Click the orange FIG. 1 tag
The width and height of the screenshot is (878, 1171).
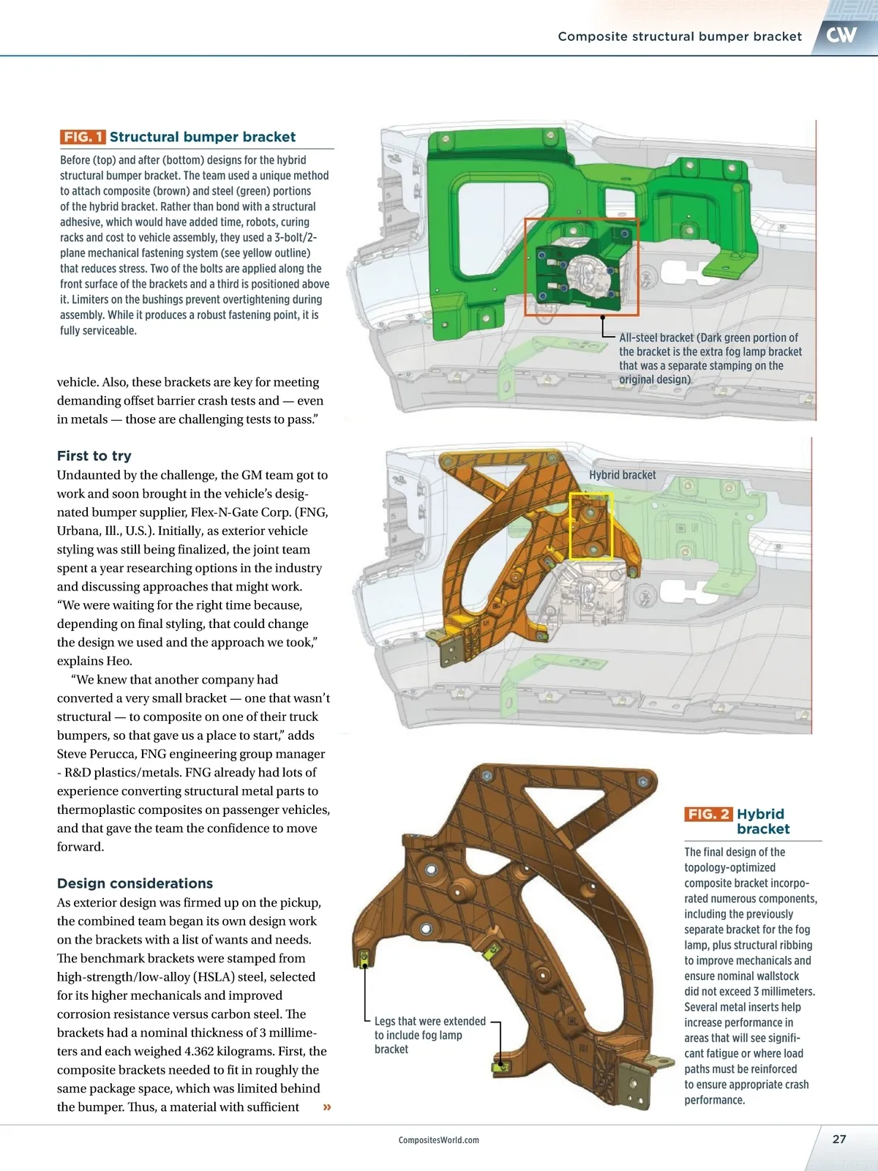pos(83,137)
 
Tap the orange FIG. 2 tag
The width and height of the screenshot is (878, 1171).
pos(708,814)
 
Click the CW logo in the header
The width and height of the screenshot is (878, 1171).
pos(841,35)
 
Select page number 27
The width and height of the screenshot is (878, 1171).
pos(839,1139)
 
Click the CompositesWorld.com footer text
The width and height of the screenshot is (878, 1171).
pos(438,1140)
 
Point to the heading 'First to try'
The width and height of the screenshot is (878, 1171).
pos(94,455)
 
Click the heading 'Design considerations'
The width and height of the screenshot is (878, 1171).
pos(135,883)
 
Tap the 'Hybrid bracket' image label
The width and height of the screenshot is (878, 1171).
pos(622,475)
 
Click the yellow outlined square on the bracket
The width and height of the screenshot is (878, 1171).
pos(591,526)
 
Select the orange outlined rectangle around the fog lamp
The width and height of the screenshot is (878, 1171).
pos(582,266)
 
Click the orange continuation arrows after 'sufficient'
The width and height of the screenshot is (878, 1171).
pos(327,1107)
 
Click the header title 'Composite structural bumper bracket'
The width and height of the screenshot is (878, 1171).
pos(680,37)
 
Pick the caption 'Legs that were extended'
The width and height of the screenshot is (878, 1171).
pos(429,1021)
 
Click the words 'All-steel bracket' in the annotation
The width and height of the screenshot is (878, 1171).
pos(656,337)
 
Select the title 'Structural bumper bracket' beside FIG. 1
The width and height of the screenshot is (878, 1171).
pos(203,137)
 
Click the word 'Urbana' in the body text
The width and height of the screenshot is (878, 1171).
pos(78,531)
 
